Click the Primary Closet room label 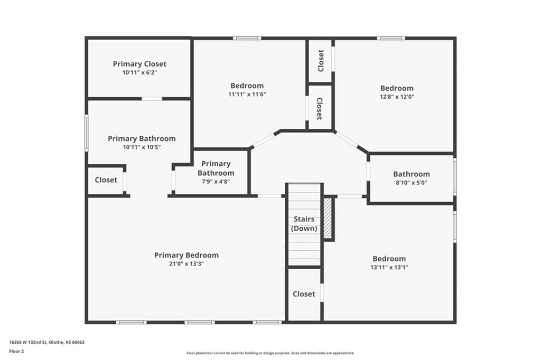point(139,64)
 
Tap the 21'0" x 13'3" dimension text point(186,264)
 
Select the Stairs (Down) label point(304,223)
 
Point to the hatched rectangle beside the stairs point(328,219)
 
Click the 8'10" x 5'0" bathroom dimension point(411,183)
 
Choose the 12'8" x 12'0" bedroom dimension point(397,97)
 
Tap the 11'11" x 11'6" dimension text point(247,94)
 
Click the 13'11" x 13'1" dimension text point(389,267)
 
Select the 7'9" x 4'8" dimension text point(216,182)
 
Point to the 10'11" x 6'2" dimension point(139,72)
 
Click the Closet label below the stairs point(304,294)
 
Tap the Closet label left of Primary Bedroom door point(106,179)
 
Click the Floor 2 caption point(16,352)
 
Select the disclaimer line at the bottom point(270,353)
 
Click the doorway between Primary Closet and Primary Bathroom point(152,99)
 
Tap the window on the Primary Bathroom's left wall point(86,133)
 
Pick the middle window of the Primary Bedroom point(199,323)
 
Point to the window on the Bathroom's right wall point(455,176)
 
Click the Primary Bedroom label point(186,255)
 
